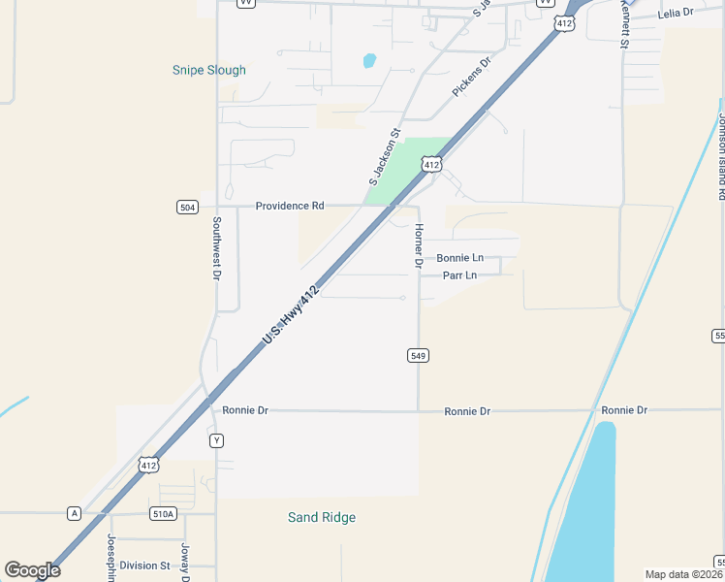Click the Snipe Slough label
click(208, 70)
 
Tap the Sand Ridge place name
click(322, 517)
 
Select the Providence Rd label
click(290, 206)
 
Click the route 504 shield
click(188, 207)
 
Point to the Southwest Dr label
click(216, 247)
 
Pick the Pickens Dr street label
click(472, 76)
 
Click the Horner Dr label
click(419, 244)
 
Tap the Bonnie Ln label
click(459, 258)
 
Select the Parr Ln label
click(459, 275)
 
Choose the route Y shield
click(216, 440)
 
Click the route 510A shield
click(163, 513)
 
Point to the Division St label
click(144, 566)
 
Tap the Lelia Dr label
click(676, 13)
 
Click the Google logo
click(32, 569)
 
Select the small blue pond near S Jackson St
click(369, 61)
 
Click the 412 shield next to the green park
click(432, 166)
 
